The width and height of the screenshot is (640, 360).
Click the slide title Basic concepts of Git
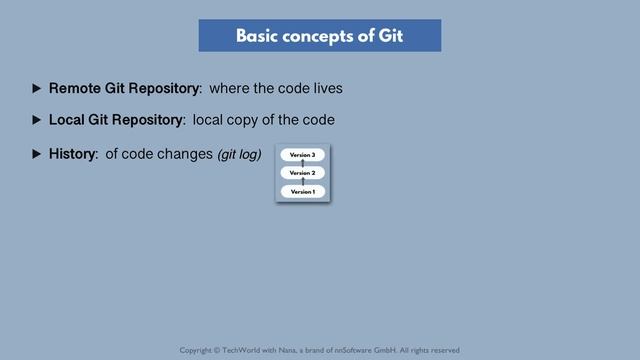click(x=319, y=36)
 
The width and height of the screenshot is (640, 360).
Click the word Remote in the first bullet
click(x=74, y=89)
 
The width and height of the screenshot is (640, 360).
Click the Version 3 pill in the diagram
click(x=302, y=155)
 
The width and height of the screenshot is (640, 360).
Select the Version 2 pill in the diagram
click(x=302, y=173)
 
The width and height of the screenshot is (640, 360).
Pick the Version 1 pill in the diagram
click(x=302, y=191)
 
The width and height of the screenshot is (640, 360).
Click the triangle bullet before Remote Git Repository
click(x=37, y=89)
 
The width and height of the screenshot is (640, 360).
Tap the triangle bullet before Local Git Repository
click(x=37, y=121)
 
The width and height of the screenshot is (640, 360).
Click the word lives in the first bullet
click(x=326, y=89)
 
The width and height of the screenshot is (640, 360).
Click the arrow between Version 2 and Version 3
click(x=302, y=164)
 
